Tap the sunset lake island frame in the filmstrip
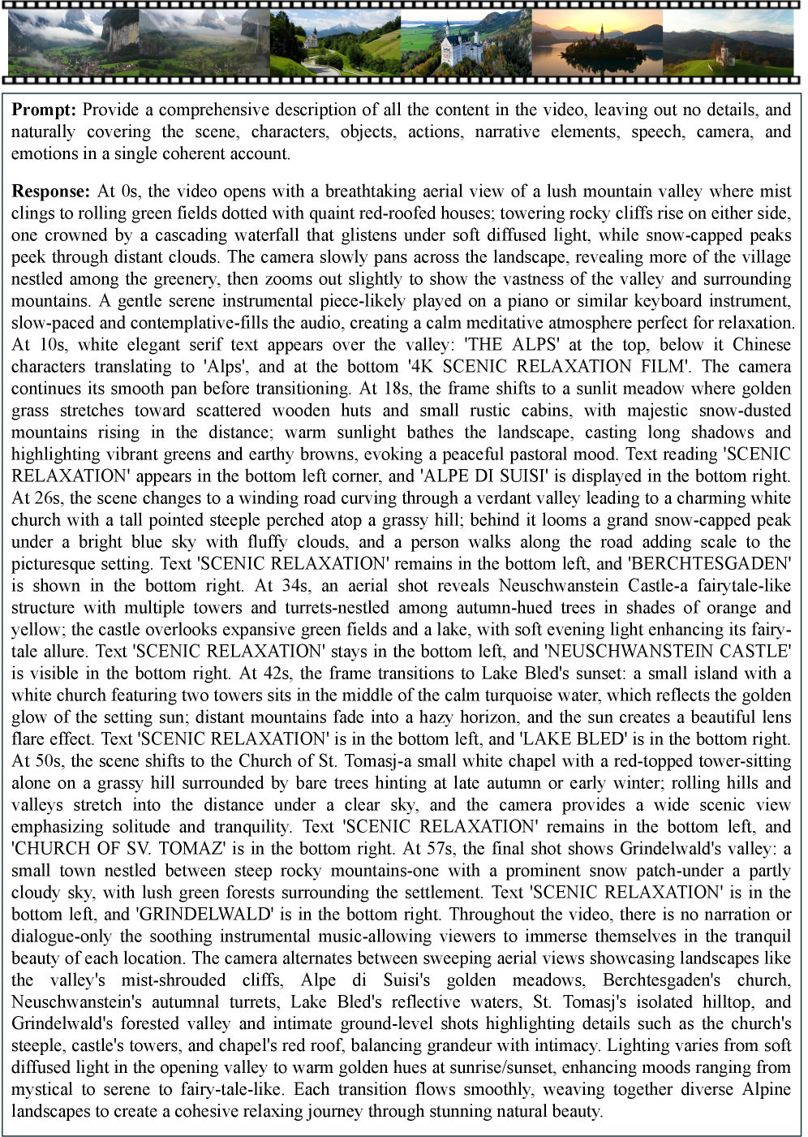point(596,45)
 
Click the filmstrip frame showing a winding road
point(335,45)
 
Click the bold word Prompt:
point(45,110)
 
